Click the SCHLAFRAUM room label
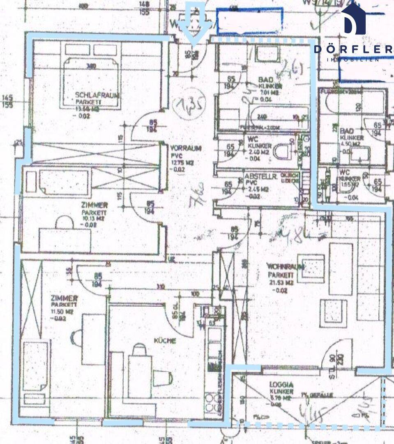point(97,95)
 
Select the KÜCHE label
point(165,341)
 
